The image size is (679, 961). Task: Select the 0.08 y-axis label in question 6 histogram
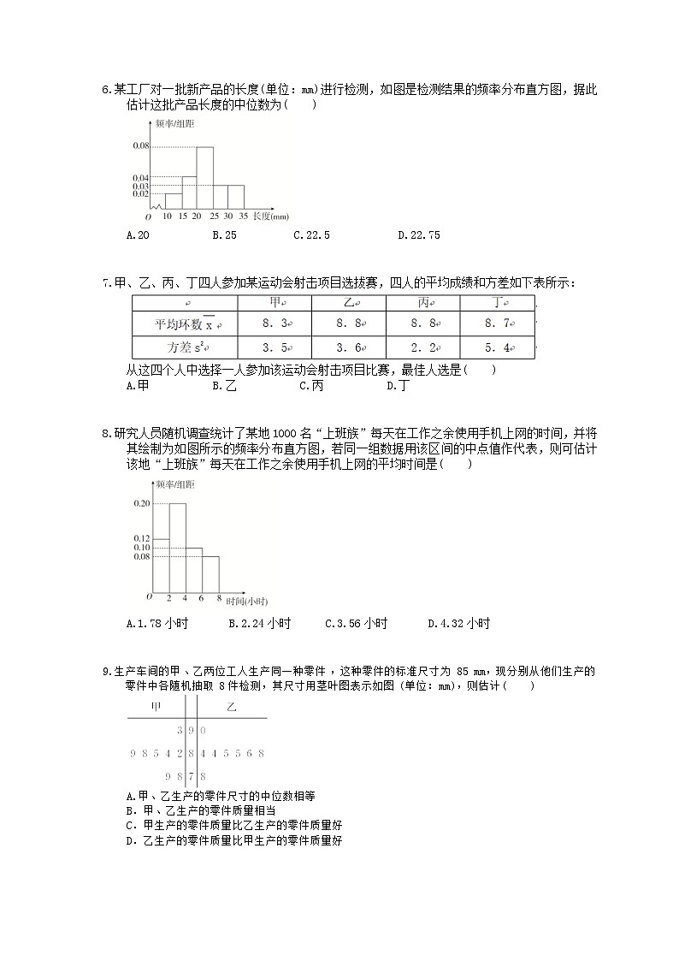coord(141,146)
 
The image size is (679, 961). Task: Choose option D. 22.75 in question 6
coord(418,235)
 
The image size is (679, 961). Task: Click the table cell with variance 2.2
coord(422,347)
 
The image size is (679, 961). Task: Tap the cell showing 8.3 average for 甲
coord(274,324)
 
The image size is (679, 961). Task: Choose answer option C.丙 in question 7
coord(310,386)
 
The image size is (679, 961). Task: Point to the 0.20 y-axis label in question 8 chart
coord(141,503)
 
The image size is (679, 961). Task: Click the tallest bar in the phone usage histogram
coord(177,548)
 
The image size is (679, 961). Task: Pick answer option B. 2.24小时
coord(259,624)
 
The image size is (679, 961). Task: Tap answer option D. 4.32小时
coord(458,624)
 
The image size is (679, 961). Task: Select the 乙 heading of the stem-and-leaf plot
coord(231,707)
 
